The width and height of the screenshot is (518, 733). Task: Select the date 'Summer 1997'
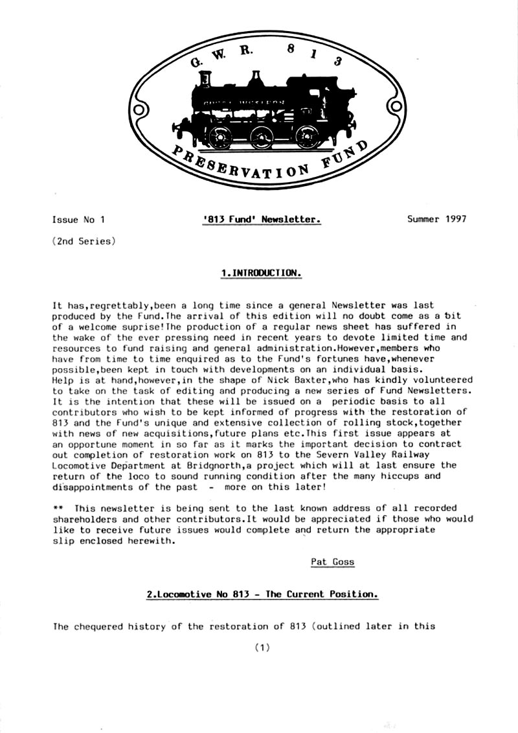click(x=436, y=219)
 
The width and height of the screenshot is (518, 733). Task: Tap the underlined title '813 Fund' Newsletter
click(x=261, y=220)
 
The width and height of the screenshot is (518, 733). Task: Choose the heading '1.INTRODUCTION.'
click(x=262, y=273)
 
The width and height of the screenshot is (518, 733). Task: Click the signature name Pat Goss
click(x=333, y=562)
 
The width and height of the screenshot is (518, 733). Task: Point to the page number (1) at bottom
click(x=262, y=647)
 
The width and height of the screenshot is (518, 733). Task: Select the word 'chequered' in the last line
click(x=100, y=627)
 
